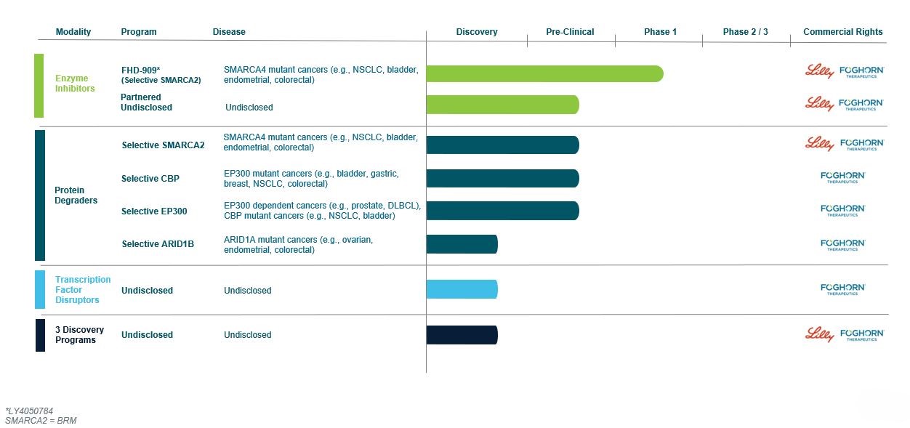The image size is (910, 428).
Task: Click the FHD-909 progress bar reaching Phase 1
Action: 544,73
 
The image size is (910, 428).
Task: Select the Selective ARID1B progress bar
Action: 462,244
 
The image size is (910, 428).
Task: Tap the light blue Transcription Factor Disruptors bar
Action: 462,289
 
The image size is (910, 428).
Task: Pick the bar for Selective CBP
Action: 502,178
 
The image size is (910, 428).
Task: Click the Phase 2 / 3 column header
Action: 745,32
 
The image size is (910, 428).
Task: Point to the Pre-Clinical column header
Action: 570,32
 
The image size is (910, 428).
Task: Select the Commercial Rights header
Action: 842,32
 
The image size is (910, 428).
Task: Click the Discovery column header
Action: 477,32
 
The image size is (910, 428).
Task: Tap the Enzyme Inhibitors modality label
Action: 75,84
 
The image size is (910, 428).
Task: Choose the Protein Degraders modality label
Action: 76,195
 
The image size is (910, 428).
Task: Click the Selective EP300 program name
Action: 154,211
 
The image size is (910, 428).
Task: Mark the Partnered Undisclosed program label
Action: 146,102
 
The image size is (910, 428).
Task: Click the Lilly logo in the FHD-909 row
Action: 819,70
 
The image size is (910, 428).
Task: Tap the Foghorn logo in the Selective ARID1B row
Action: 842,244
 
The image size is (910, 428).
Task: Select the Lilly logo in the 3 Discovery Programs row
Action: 819,334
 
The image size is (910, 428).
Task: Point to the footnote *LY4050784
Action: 29,411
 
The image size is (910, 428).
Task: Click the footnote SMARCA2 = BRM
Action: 41,421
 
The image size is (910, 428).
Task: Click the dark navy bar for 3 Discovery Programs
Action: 462,335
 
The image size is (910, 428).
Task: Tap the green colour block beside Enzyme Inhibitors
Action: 39,85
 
